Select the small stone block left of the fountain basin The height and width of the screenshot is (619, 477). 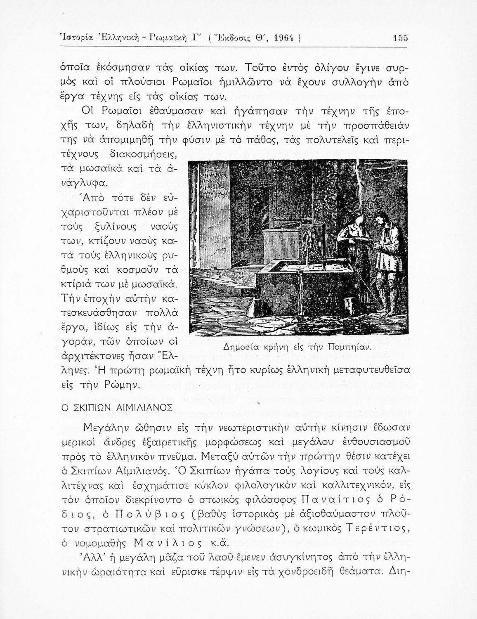255,306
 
